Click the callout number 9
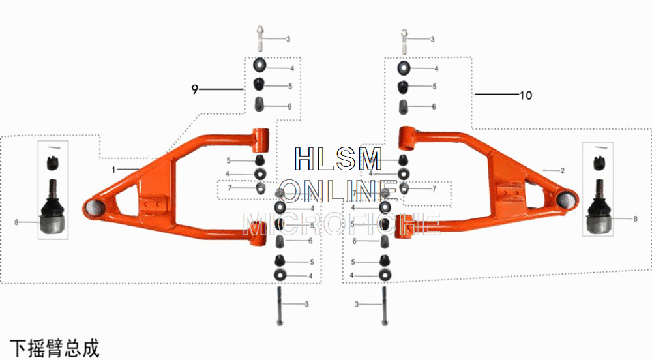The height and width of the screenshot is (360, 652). [x=194, y=89]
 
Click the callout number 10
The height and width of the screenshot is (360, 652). [x=526, y=95]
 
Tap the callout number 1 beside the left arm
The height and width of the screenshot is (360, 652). [x=113, y=170]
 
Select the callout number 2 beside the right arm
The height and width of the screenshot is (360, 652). [x=562, y=170]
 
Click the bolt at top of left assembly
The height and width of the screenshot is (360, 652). [x=260, y=39]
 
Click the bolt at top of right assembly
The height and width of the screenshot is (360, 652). [x=404, y=39]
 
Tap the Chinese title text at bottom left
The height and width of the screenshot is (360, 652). [x=55, y=348]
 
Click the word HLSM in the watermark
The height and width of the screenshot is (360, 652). [x=338, y=160]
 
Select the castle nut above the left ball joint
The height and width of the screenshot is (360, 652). [x=52, y=162]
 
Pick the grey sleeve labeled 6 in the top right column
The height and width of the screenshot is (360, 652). [x=404, y=106]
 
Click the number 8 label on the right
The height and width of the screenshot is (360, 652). [x=635, y=219]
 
